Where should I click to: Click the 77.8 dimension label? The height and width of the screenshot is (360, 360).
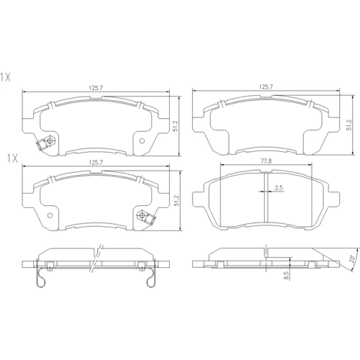266,161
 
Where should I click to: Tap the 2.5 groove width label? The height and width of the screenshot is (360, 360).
279,188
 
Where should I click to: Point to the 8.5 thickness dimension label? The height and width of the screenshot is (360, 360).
286,275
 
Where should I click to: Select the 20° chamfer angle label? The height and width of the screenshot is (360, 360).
352,259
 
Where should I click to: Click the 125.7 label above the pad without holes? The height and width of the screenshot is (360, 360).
266,87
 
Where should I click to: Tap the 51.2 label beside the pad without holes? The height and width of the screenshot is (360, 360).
349,125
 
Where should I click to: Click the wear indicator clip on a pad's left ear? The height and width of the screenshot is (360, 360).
41,145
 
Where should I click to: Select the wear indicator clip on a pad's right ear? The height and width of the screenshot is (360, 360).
150,219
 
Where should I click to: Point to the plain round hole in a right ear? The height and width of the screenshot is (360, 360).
142,141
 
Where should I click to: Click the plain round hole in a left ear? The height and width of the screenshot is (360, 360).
50,215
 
